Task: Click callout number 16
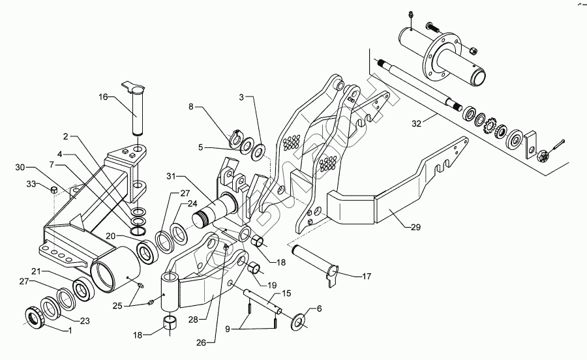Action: tap(103, 98)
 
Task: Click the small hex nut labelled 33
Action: tap(54, 190)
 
